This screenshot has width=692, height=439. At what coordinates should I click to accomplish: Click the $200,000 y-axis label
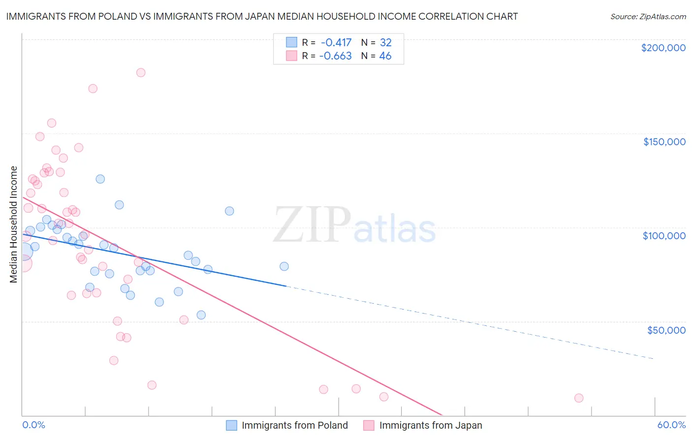(663, 48)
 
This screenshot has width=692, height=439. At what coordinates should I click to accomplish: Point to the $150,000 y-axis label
(664, 142)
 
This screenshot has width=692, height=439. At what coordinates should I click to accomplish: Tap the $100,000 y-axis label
(664, 236)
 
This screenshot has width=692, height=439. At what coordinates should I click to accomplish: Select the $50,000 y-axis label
(666, 330)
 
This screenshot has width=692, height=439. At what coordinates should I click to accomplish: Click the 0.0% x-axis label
(33, 425)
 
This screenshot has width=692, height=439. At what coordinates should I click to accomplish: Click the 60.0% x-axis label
(671, 425)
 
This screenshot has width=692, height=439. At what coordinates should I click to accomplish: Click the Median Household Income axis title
(13, 224)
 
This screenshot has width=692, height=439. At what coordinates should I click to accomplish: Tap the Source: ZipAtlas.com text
(648, 17)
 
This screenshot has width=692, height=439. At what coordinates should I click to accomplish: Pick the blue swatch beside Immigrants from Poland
(232, 425)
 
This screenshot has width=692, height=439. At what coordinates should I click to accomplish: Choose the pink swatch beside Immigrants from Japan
(369, 425)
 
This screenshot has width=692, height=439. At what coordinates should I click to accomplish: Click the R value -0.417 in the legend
(336, 43)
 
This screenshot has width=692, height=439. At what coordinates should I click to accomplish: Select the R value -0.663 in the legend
(335, 56)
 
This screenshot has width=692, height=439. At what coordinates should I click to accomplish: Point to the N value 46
(385, 56)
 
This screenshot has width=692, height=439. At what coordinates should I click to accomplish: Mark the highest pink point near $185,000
(141, 72)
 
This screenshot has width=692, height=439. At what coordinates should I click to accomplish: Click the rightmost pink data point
(579, 398)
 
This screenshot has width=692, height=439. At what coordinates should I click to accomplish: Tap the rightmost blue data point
(284, 266)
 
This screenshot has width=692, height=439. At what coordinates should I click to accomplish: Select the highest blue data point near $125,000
(100, 179)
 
